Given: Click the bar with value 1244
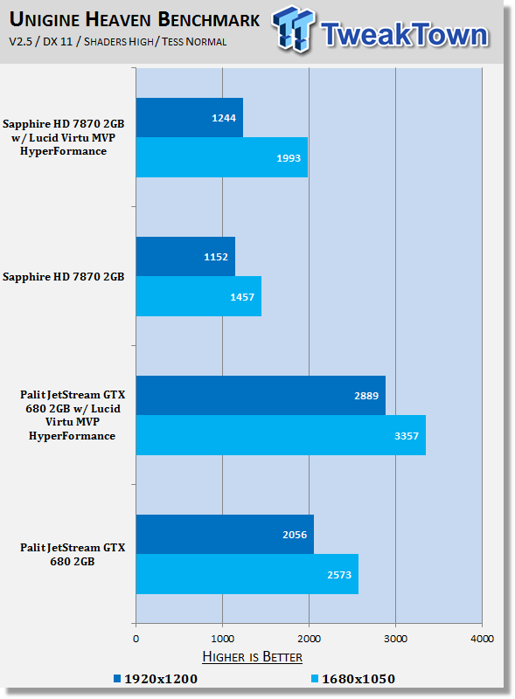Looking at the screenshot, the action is pos(190,118).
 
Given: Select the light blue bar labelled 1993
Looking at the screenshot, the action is pos(222,157).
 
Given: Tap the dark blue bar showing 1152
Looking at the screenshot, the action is pos(185,257).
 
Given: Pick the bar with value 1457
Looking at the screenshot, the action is pos(198,296).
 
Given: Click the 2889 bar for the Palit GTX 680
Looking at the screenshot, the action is pos(261,396).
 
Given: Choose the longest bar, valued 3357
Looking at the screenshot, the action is pos(281,435).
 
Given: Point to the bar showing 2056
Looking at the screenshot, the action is pos(225,535).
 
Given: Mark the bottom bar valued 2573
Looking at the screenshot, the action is pos(247,574).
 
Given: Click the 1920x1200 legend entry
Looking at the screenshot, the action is pos(156,679).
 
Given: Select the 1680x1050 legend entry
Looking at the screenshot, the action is pos(353,679).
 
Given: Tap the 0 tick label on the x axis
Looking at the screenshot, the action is pos(136,639).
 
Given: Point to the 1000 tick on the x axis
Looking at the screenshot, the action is pos(223,639).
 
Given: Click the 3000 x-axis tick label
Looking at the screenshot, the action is pos(395,639).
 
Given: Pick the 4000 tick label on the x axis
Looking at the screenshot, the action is pos(482,639).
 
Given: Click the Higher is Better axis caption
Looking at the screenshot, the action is pos(252,657).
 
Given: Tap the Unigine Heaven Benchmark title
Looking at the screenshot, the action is pos(135,19).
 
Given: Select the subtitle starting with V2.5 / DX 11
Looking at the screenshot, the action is pos(118,42).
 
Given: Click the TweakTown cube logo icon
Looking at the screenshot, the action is pos(293,29).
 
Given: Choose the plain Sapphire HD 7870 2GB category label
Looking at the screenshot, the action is pos(63,277).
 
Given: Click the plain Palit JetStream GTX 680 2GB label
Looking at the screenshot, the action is pos(73,554).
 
